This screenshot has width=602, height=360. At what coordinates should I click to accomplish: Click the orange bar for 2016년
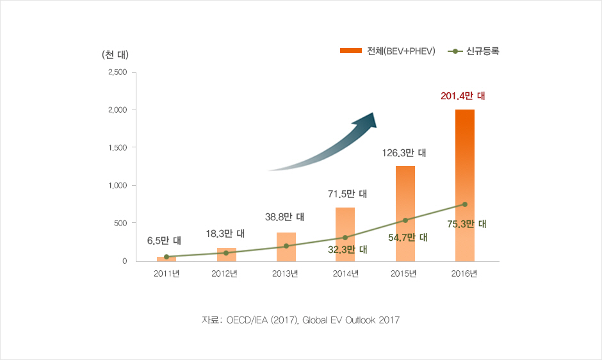[x=465, y=185]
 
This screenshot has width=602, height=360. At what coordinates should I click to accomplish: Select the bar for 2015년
[x=405, y=213]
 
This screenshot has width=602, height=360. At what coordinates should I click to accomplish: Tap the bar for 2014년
[x=345, y=234]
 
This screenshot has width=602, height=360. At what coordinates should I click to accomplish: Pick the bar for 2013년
[x=286, y=247]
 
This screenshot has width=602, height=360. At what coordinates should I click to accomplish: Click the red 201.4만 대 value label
[x=463, y=96]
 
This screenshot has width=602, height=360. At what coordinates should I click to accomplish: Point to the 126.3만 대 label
[x=404, y=153]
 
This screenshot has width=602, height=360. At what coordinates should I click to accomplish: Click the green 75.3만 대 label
[x=467, y=224]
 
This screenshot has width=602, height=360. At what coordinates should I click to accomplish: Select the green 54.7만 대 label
[x=407, y=237]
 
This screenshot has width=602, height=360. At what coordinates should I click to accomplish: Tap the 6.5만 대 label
[x=164, y=241]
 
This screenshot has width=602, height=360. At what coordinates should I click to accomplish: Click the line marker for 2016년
[x=465, y=204]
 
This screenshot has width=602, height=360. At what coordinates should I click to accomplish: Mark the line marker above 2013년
[x=286, y=246]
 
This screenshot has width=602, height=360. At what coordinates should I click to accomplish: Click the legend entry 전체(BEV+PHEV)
[x=387, y=51]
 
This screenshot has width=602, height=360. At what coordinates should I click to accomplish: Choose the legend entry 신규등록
[x=475, y=51]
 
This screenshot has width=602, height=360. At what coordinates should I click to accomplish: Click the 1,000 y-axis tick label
[x=117, y=186]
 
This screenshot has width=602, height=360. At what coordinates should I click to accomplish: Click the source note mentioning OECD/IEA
[x=300, y=320]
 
